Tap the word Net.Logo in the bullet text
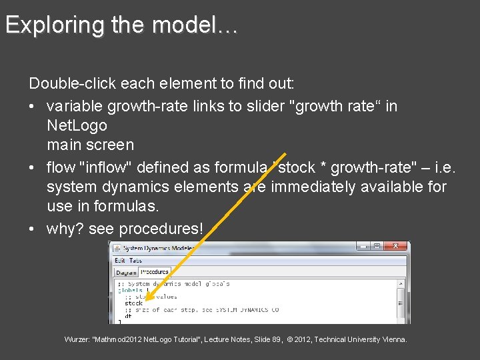tap(77, 125)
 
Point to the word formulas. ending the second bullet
tap(127, 208)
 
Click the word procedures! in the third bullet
tap(161, 229)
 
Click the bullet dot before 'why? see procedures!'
tap(33, 229)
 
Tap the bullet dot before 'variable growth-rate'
tap(33, 107)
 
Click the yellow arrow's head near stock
tap(147, 300)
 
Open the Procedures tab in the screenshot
tap(155, 272)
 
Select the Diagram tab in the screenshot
tap(125, 273)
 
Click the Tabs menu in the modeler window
tap(135, 261)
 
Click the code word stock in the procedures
tap(134, 303)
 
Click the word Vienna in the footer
tap(393, 340)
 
